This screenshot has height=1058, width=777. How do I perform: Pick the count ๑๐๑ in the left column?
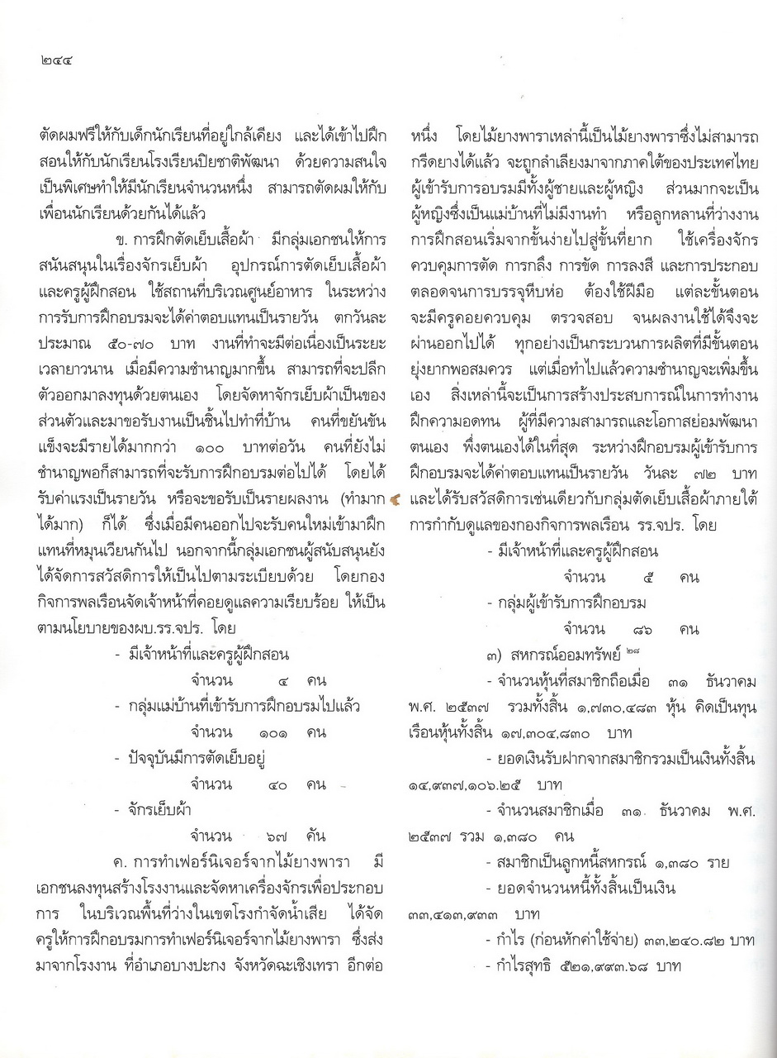268,732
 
